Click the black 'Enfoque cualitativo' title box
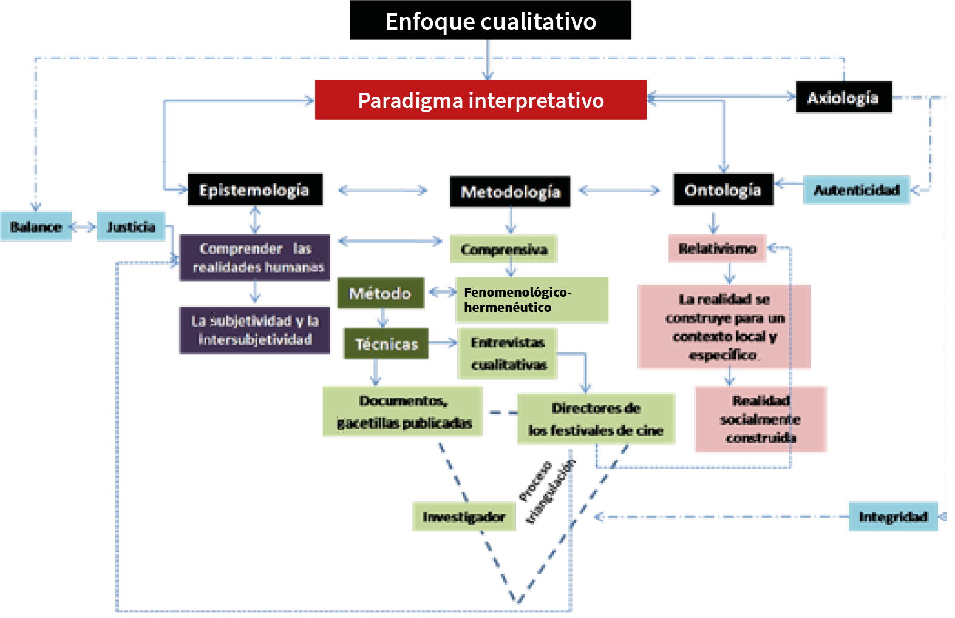pos(491,21)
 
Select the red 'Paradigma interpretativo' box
pos(480,100)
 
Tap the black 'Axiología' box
pos(843,97)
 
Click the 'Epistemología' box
pos(254,189)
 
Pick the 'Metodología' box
pos(510,192)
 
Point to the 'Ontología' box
pos(722,190)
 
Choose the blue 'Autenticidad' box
pos(856,191)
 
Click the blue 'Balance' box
pos(36,226)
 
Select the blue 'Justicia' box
pos(131,226)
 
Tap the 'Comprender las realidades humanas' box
pos(255,257)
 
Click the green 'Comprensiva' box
pos(503,249)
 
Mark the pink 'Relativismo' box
pos(716,248)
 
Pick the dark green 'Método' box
pos(379,293)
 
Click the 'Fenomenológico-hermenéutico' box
pos(532,300)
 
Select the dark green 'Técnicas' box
pos(386,344)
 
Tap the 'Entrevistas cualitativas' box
pos(508,353)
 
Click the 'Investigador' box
pos(463,517)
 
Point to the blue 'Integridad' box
pos(892,517)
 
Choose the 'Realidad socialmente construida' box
pos(760,419)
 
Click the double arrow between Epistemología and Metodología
pos(382,191)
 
